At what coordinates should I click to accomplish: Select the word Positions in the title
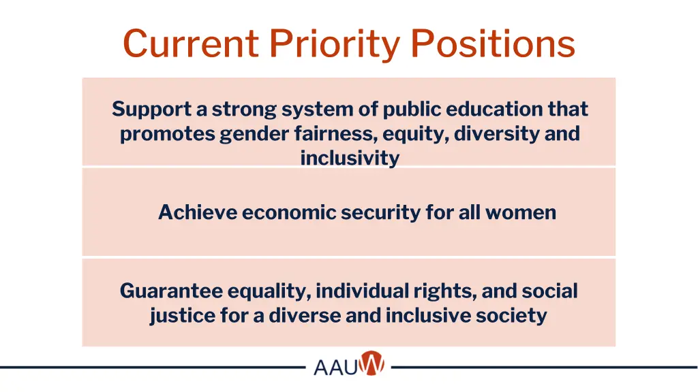[x=494, y=44]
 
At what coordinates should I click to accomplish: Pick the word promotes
[x=168, y=134]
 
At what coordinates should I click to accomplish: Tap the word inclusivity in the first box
[x=349, y=159]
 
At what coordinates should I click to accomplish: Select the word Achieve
[x=198, y=213]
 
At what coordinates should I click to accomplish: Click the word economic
[x=289, y=213]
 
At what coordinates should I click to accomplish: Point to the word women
[x=522, y=213]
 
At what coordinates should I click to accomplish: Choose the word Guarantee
[x=171, y=291]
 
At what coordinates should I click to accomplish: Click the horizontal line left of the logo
[x=150, y=367]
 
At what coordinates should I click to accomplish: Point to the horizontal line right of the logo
[x=545, y=367]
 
